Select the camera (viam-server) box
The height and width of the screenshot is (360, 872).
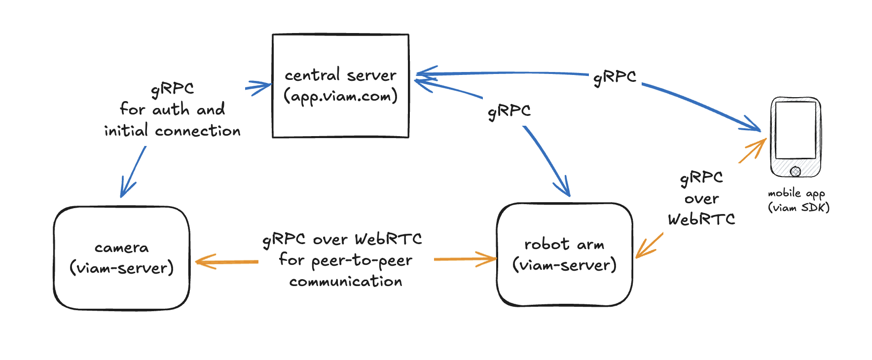tap(121, 291)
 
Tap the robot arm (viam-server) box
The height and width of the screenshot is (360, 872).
tap(564, 288)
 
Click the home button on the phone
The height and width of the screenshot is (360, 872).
tap(795, 171)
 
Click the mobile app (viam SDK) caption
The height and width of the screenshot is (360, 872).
tap(798, 200)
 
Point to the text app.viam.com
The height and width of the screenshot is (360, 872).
tap(340, 96)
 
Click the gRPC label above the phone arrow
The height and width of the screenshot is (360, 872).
tap(615, 77)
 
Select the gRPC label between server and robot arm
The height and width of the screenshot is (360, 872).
tap(509, 111)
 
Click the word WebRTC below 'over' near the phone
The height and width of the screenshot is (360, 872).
tap(701, 219)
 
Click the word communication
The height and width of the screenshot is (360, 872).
tap(346, 282)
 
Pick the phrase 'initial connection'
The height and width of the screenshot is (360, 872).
tap(172, 131)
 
